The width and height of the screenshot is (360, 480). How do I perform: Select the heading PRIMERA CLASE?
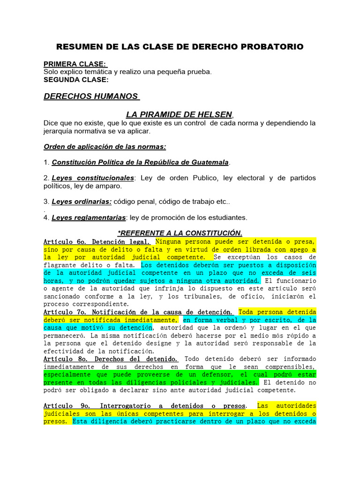[x=75, y=64]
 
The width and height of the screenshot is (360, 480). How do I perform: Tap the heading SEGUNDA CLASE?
[x=76, y=80]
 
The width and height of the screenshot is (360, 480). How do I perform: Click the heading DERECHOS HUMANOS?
[x=91, y=97]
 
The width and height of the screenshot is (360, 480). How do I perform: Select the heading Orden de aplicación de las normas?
[x=105, y=147]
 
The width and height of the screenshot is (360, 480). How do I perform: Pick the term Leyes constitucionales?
[x=93, y=178]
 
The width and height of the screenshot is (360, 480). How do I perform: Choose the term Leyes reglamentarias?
[x=89, y=217]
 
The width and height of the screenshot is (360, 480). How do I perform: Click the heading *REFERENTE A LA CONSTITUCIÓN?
[x=180, y=233]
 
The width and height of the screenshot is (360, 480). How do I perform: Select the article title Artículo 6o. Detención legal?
[x=97, y=241]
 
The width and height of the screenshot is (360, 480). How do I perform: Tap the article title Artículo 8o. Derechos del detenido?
[x=110, y=359]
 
